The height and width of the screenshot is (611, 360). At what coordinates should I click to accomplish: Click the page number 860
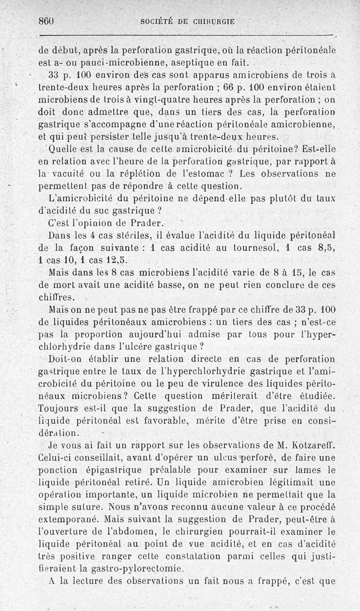46,21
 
